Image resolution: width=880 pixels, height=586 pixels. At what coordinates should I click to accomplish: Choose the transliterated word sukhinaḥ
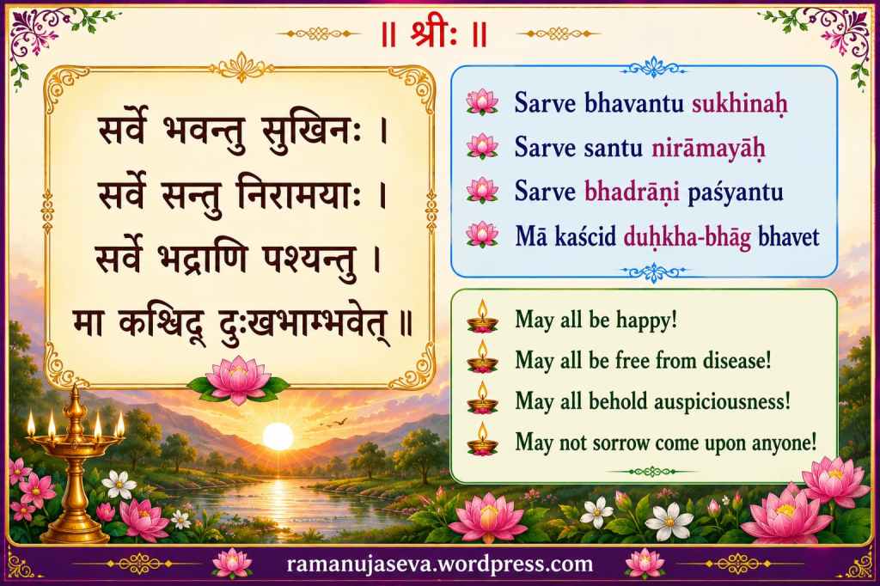tap(740, 104)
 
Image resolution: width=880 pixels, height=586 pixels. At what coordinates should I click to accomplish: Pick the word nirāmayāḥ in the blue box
tap(708, 148)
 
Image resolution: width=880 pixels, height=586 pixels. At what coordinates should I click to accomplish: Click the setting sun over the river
tap(278, 436)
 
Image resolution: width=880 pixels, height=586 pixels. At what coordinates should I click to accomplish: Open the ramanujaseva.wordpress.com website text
tap(439, 564)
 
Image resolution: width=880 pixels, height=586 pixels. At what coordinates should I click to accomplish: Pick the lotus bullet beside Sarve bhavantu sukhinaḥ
tap(482, 103)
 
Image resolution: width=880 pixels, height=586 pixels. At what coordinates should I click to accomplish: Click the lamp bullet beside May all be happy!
tap(482, 318)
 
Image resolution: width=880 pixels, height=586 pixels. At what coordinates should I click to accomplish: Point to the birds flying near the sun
tap(334, 422)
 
